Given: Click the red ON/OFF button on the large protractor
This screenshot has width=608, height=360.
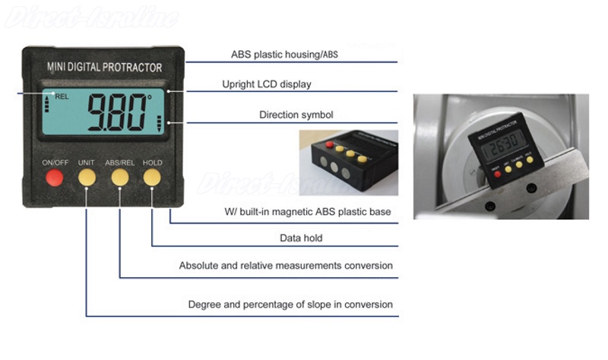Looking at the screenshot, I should (54, 178).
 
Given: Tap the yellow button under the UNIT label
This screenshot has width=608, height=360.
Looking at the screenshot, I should (87, 178).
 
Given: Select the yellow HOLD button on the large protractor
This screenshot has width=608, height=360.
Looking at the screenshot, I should (152, 178).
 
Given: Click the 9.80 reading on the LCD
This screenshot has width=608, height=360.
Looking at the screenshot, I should (116, 113).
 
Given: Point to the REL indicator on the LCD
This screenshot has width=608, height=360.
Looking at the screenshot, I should (62, 97).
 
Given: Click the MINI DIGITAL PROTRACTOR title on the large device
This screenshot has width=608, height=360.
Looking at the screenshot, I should (104, 68).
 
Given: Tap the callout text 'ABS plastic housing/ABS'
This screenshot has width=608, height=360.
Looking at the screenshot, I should (284, 55).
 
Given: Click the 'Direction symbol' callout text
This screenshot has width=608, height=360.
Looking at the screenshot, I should (296, 115).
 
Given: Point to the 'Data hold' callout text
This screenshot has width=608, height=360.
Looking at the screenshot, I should (301, 238).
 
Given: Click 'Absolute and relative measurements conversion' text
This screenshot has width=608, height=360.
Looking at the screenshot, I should (286, 266).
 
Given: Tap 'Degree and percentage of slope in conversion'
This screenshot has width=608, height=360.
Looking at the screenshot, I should (290, 305).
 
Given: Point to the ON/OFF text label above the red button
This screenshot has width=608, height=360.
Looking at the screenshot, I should (55, 163).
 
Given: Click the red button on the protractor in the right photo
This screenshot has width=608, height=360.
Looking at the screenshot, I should (497, 174).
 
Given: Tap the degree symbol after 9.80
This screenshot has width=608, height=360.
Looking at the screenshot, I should (149, 98).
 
